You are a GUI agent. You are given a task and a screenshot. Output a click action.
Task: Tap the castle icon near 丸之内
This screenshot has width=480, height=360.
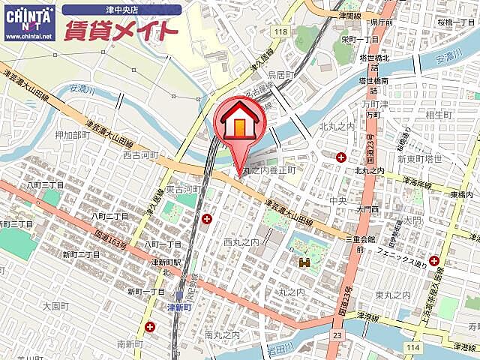pos(304,262)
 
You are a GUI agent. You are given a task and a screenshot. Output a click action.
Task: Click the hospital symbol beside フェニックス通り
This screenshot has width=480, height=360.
pos(434,261)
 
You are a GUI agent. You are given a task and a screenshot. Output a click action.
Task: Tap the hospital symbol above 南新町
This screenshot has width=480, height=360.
pos(151,327)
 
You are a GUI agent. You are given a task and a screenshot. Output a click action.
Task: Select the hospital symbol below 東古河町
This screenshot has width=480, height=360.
pos(206,218)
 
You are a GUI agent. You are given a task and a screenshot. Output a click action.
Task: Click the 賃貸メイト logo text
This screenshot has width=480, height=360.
pos(121,31)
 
